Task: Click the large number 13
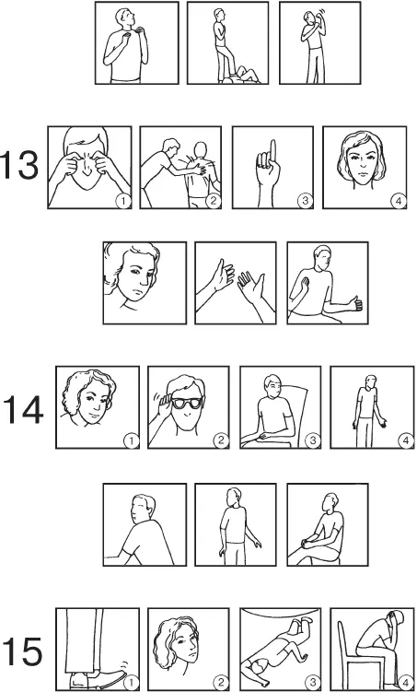tap(21, 165)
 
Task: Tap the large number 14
tap(23, 409)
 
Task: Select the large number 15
tap(22, 651)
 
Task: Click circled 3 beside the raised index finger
tap(304, 201)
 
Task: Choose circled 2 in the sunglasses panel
tap(220, 440)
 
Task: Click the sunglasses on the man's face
tap(185, 403)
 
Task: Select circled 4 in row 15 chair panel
tap(404, 683)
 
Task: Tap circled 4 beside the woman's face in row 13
tap(399, 201)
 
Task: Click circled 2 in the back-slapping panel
tap(213, 201)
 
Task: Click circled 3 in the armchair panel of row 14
tap(313, 440)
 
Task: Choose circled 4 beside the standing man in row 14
tap(406, 440)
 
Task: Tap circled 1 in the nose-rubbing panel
tap(123, 201)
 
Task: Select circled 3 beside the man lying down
tap(313, 683)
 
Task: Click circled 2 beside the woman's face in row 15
tap(220, 683)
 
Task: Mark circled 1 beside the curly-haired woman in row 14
tap(131, 440)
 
